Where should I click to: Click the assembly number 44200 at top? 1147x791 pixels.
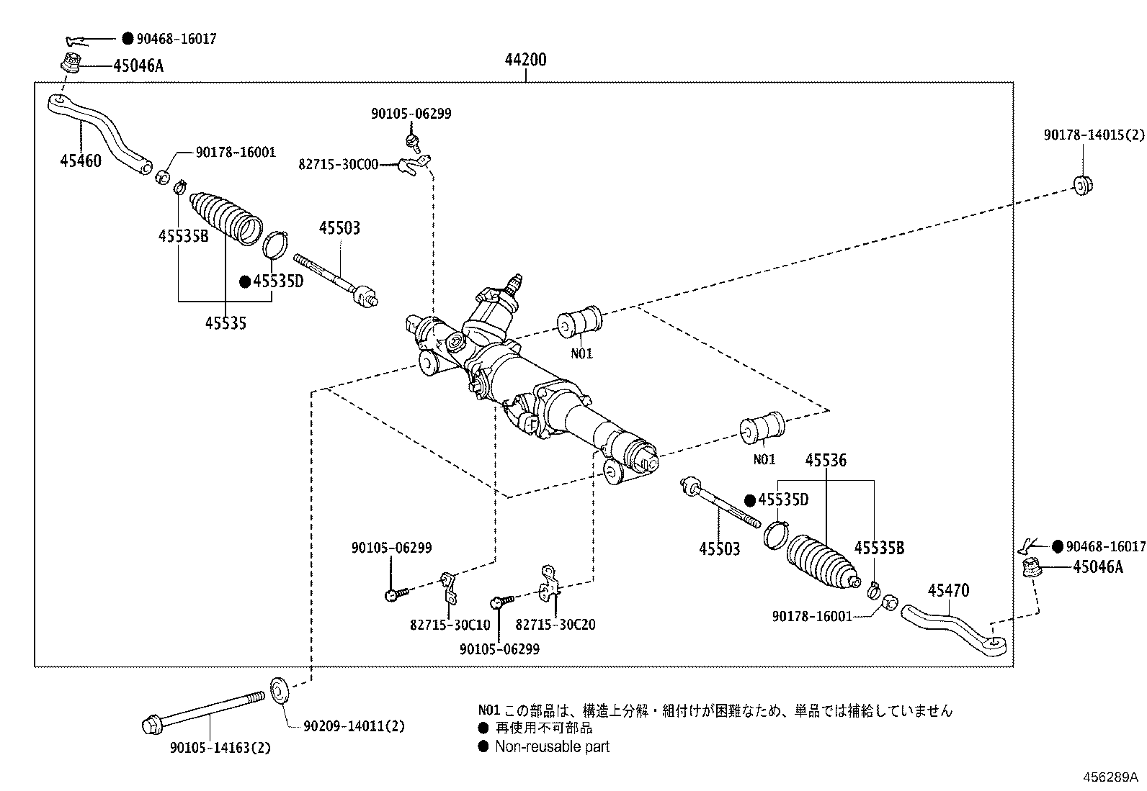click(525, 60)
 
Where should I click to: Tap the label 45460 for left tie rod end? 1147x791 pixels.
click(80, 161)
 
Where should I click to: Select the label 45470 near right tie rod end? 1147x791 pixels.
click(948, 591)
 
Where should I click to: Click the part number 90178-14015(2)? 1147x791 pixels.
click(1094, 135)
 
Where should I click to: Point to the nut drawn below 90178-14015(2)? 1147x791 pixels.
click(1083, 184)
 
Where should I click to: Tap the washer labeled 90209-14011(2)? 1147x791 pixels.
click(279, 690)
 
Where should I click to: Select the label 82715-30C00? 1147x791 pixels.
click(338, 164)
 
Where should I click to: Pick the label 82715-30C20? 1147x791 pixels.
click(555, 624)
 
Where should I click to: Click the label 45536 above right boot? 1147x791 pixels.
click(825, 460)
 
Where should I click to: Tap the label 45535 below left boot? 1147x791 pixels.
click(225, 324)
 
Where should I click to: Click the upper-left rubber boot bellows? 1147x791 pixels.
click(224, 216)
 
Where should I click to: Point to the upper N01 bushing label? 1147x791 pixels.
click(581, 353)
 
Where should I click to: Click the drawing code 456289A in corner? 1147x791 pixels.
click(1110, 777)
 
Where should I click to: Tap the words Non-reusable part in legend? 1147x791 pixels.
click(552, 746)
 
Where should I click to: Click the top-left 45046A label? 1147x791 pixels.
click(138, 66)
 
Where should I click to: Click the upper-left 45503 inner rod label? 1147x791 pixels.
click(339, 228)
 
